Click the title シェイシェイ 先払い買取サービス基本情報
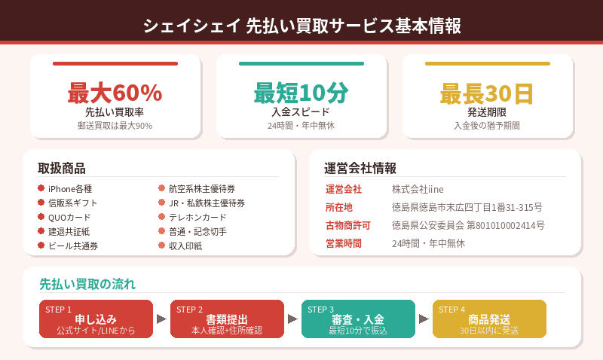[x=301, y=26]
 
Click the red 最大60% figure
[x=115, y=93]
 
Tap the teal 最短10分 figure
[x=301, y=93]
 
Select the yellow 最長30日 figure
[x=487, y=93]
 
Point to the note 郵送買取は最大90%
[x=115, y=126]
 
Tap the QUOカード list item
[x=69, y=218]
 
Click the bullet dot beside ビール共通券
[x=41, y=246]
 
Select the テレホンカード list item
[x=197, y=218]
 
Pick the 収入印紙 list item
[x=185, y=246]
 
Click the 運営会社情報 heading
[x=360, y=168]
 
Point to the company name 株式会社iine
[x=422, y=189]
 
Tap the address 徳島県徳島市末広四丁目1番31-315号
[x=467, y=207]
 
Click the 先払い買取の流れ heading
[x=87, y=284]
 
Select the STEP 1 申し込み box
[x=96, y=319]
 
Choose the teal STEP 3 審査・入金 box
[x=358, y=319]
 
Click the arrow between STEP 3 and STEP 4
[x=424, y=319]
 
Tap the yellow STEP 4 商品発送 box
[x=489, y=319]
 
